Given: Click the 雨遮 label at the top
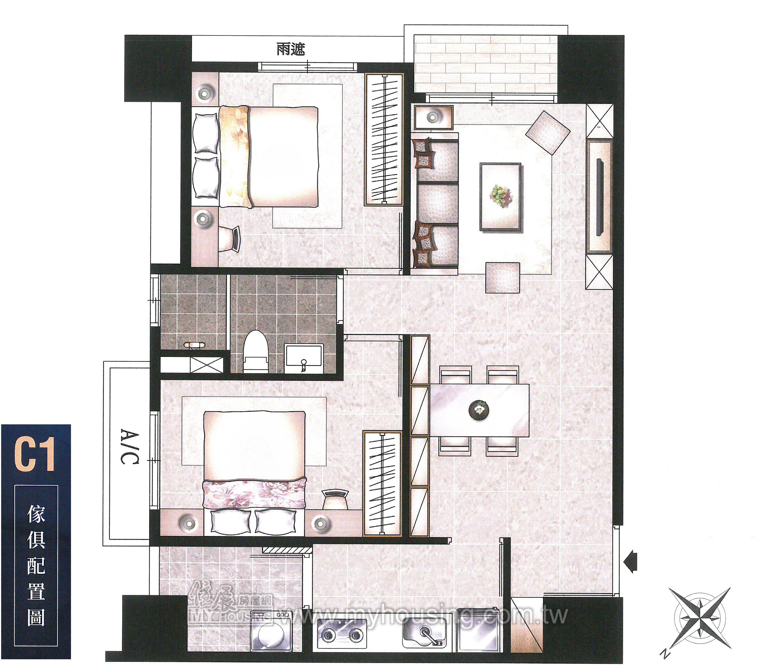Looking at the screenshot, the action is point(291,49).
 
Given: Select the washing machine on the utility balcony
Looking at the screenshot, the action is point(271,632).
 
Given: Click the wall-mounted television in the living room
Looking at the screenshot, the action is point(599,197).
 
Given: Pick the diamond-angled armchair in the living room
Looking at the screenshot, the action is point(548,132).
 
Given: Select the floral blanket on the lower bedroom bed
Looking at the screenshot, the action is point(254,494).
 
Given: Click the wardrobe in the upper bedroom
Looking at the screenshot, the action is point(384,139).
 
